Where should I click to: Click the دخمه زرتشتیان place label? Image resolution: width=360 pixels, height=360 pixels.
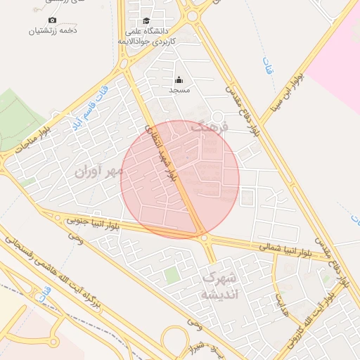tap(53, 31)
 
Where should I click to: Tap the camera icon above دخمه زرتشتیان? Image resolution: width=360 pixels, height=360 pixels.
tap(53, 20)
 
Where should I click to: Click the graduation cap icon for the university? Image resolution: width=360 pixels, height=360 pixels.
tap(146, 20)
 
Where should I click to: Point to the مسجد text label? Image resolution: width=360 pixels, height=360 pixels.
tap(179, 91)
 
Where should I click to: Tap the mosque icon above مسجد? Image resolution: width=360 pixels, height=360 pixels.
tap(179, 79)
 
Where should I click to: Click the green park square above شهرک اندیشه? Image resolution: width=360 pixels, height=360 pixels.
tap(172, 274)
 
